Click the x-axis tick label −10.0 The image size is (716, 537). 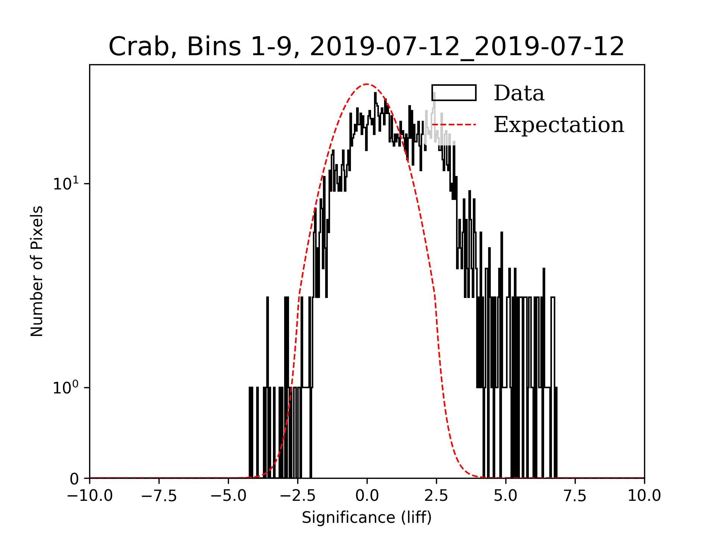pos(90,496)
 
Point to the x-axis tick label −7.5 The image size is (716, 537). pos(159,496)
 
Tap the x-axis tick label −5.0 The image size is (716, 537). pos(229,496)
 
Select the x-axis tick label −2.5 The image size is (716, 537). pos(298,496)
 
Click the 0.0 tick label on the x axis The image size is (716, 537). pos(367,496)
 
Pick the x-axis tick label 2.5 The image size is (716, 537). pos(436,496)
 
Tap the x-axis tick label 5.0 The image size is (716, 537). pos(506,496)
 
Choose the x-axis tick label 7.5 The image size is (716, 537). pos(575,496)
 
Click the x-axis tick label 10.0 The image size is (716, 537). pos(644,496)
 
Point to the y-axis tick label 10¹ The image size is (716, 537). pos(66,183)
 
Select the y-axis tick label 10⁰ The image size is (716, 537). pos(66,387)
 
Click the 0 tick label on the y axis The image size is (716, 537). pos(74,479)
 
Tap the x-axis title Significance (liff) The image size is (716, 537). pos(367,518)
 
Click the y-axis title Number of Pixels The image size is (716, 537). pos(37,271)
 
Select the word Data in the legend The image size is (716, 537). pos(519,93)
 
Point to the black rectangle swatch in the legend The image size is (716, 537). pos(454,93)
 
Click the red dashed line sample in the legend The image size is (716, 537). pos(454,124)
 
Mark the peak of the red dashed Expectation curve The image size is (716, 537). pos(367,84)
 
